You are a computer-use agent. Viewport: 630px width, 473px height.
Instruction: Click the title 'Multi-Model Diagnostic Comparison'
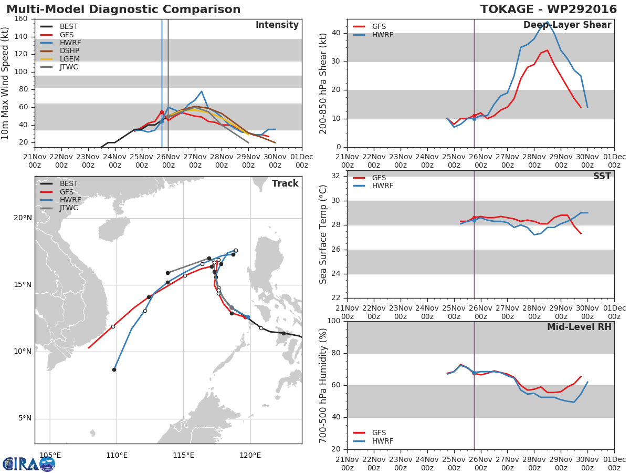[123, 9]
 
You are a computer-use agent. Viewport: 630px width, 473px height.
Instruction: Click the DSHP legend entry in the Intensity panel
[69, 50]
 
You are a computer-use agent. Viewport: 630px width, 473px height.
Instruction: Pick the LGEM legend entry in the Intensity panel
[69, 59]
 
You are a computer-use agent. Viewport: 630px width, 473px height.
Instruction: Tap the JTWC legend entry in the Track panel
[69, 208]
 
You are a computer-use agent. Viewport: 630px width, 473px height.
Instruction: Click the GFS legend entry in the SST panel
[379, 178]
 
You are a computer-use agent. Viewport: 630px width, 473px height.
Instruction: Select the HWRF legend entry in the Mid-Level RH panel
[382, 441]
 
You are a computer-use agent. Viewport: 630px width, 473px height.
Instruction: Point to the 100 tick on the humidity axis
[334, 321]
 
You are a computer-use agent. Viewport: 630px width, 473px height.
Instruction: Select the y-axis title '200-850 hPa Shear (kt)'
[323, 83]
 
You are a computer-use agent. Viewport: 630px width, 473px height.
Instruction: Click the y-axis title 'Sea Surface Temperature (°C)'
[323, 234]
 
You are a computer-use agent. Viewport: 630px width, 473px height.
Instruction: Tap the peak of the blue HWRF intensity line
[201, 91]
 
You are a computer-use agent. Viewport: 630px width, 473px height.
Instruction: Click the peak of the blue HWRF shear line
[547, 22]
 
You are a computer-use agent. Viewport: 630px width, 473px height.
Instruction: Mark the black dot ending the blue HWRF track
[114, 370]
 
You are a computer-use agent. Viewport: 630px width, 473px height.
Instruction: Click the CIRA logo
[29, 464]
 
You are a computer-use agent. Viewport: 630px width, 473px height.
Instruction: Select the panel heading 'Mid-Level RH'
[579, 327]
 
